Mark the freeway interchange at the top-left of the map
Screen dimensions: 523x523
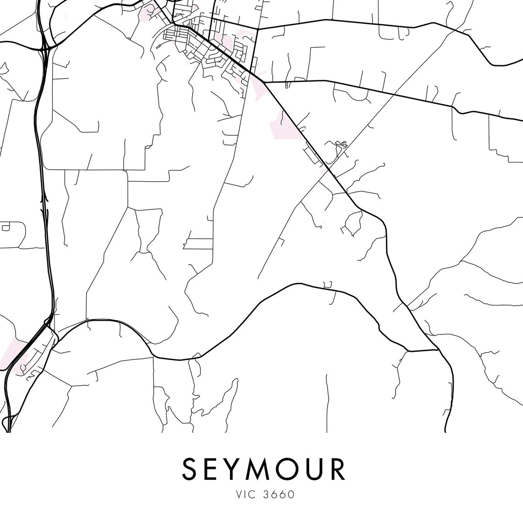click(x=45, y=46)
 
